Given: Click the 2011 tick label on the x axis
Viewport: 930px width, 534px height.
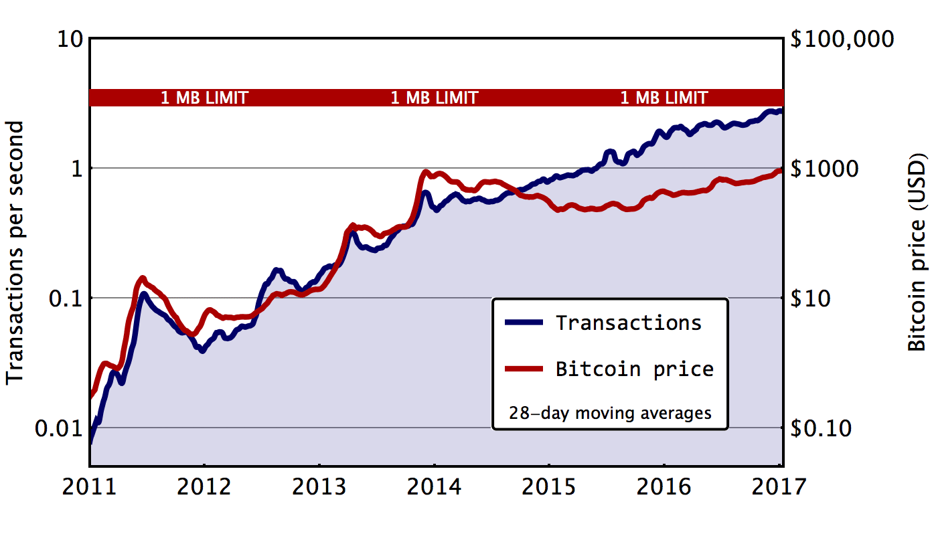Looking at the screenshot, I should [89, 486].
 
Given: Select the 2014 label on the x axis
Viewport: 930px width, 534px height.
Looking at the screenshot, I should [434, 486].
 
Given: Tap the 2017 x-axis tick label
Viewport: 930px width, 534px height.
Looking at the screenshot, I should [780, 486].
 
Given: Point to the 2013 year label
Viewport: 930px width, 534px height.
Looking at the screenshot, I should [319, 486].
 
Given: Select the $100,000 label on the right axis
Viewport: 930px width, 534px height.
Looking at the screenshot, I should [842, 39].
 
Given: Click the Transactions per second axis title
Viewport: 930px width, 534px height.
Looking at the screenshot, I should [16, 253].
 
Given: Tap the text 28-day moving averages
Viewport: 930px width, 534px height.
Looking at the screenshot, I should [610, 413].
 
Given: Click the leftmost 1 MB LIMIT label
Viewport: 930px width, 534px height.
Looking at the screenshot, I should [204, 98].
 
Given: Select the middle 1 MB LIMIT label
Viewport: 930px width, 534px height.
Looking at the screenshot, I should [434, 98].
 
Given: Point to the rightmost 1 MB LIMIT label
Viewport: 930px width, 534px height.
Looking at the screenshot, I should [664, 98].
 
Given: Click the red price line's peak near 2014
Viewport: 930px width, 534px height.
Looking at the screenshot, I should [426, 173].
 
